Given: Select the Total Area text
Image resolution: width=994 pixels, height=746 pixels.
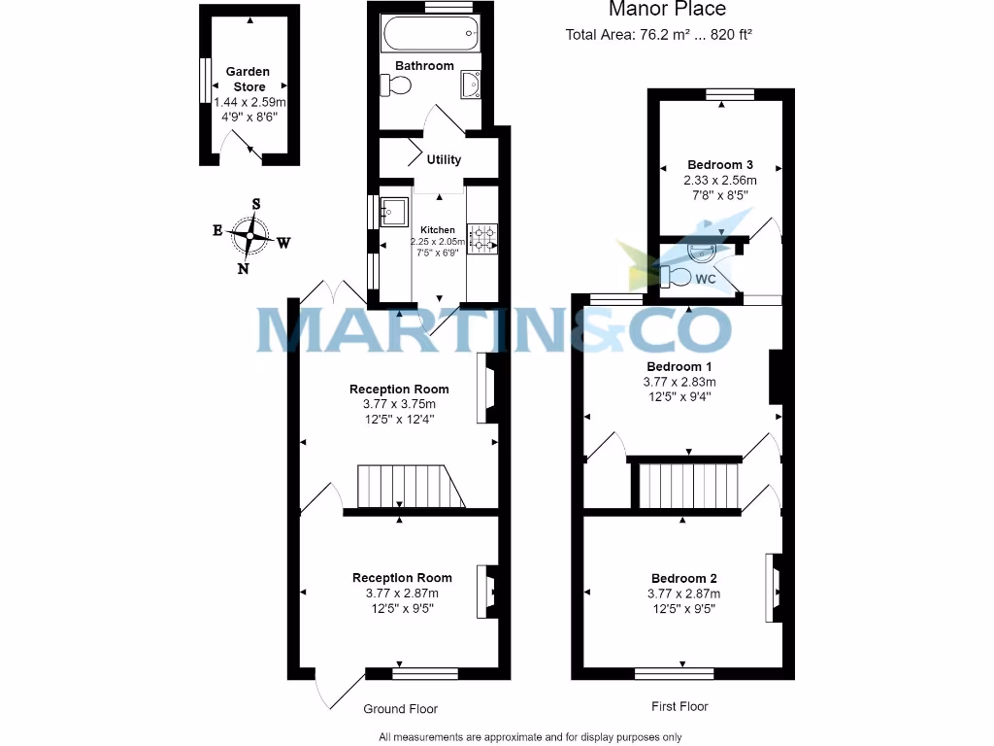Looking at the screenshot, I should pyautogui.click(x=659, y=35).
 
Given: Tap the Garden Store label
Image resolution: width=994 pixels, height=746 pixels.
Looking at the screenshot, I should pyautogui.click(x=248, y=79).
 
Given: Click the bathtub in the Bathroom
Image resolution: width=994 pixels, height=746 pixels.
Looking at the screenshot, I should pyautogui.click(x=431, y=36).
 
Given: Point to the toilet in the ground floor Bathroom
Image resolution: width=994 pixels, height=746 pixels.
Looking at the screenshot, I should pyautogui.click(x=397, y=85).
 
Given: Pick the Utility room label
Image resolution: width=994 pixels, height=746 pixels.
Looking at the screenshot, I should pyautogui.click(x=444, y=159).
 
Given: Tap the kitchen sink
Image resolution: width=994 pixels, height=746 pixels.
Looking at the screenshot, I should pyautogui.click(x=394, y=211).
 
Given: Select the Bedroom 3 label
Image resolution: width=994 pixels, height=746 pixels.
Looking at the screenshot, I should pyautogui.click(x=719, y=165).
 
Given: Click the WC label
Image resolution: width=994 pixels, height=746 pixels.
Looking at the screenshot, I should pyautogui.click(x=707, y=280).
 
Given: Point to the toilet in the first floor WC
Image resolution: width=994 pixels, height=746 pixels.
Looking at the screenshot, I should pyautogui.click(x=680, y=278).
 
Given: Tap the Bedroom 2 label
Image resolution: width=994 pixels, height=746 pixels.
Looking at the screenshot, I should pyautogui.click(x=683, y=578).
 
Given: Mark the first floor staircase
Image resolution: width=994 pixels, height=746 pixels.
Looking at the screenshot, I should pyautogui.click(x=688, y=485).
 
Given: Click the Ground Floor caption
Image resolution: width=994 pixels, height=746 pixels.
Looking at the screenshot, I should pyautogui.click(x=400, y=709).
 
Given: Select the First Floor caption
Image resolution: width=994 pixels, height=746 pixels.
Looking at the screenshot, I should pyautogui.click(x=679, y=706).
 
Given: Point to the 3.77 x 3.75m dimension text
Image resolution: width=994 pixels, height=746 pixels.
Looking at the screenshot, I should pyautogui.click(x=399, y=404).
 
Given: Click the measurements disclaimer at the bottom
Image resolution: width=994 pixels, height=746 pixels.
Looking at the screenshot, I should pyautogui.click(x=530, y=737).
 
